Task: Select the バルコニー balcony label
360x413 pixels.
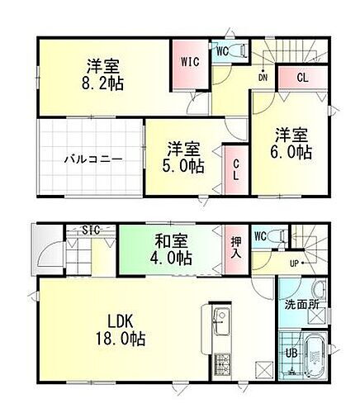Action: coord(90,159)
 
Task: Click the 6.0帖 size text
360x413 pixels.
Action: coord(294,154)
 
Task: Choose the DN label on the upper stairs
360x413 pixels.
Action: coord(263,78)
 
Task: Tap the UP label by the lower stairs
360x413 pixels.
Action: coord(294,263)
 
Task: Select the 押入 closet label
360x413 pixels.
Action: coord(234,246)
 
